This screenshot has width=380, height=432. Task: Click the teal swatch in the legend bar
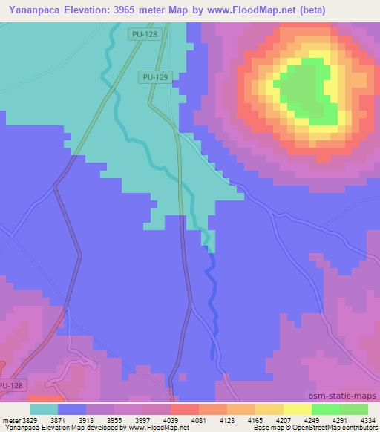click(44, 409)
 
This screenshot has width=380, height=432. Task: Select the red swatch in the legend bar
click(185, 409)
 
